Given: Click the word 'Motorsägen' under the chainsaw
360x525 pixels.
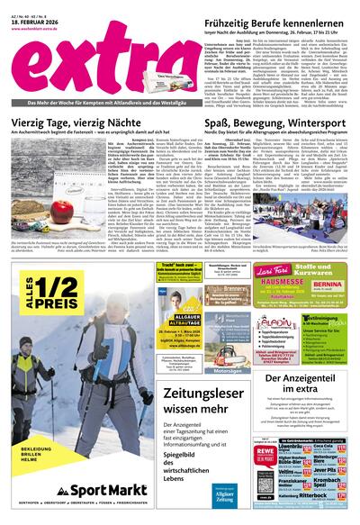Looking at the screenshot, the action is (x=202, y=368).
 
